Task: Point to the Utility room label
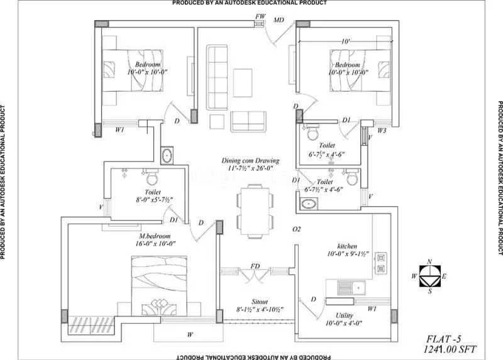[x=340, y=316]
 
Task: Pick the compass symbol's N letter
[x=429, y=261]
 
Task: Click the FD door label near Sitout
[x=255, y=266]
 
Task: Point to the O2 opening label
[x=297, y=229]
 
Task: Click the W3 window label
[x=382, y=131]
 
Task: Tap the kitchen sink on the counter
[x=348, y=288]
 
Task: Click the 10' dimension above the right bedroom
[x=345, y=41]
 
